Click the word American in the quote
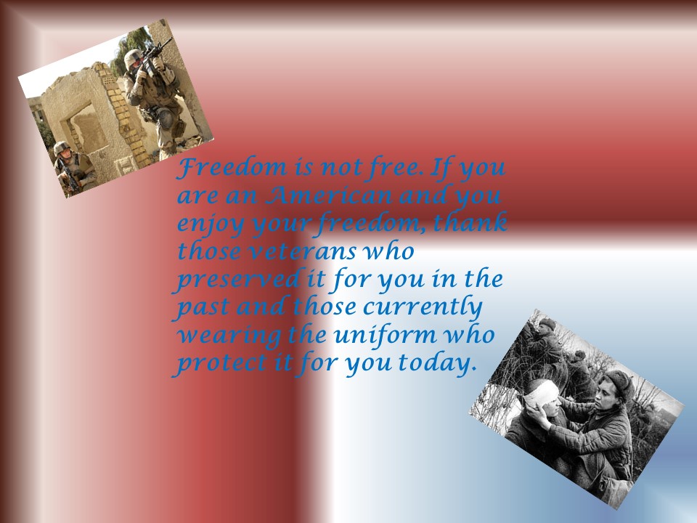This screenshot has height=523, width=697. (328, 195)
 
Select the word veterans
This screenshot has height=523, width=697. (302, 251)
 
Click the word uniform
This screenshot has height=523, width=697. (385, 334)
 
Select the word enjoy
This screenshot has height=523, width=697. (211, 224)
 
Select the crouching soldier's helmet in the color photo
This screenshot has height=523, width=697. (61, 147)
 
